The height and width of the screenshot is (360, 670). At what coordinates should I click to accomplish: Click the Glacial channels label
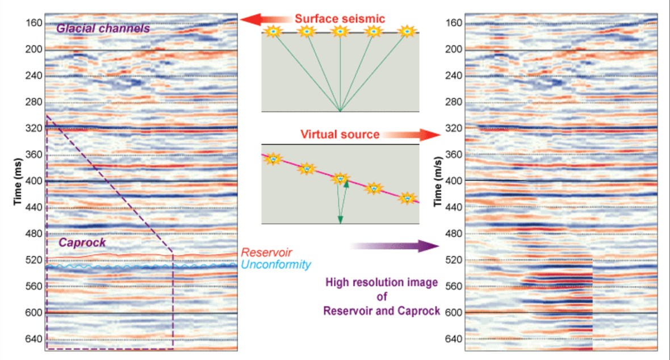[103, 28]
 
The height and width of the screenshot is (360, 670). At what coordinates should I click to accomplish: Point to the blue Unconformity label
[276, 265]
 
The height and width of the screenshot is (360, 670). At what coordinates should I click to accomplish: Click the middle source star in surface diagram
[340, 32]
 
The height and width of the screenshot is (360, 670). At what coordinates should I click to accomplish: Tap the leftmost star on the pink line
[273, 160]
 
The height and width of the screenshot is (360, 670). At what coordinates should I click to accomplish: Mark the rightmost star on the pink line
[407, 198]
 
